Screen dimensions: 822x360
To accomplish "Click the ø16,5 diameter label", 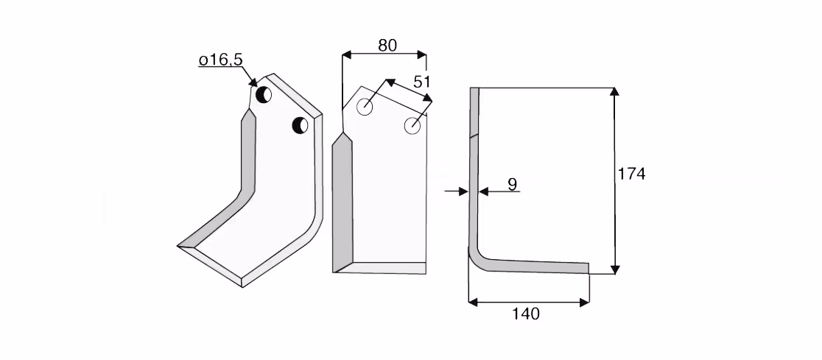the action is [x=220, y=60].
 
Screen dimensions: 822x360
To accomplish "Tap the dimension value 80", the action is [x=387, y=46].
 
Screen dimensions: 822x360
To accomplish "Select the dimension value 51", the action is [x=422, y=82].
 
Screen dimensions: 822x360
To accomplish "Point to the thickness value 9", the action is [x=512, y=184].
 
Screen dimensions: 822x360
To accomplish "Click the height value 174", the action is [x=632, y=174].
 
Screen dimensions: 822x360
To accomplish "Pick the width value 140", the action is [x=525, y=314].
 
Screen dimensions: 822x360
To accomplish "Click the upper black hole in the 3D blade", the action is [x=263, y=95].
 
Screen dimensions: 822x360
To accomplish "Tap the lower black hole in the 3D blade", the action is [x=301, y=125].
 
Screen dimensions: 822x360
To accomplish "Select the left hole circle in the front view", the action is [x=365, y=107].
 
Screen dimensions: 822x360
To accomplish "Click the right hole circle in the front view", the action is [x=412, y=126].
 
